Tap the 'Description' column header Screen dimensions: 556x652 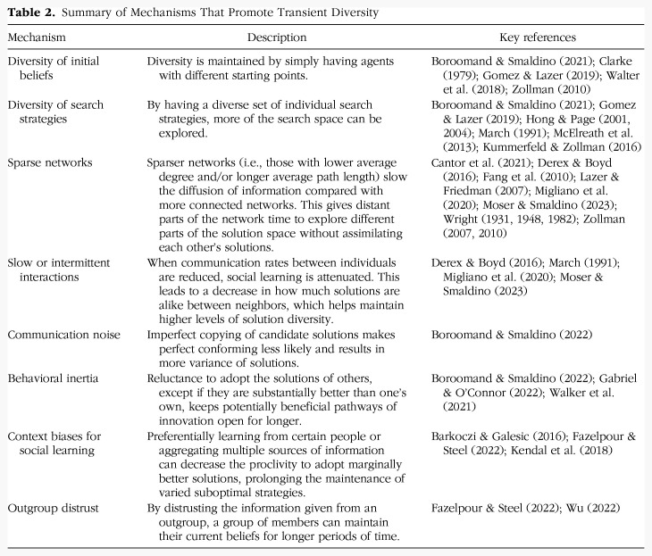[276, 37]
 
